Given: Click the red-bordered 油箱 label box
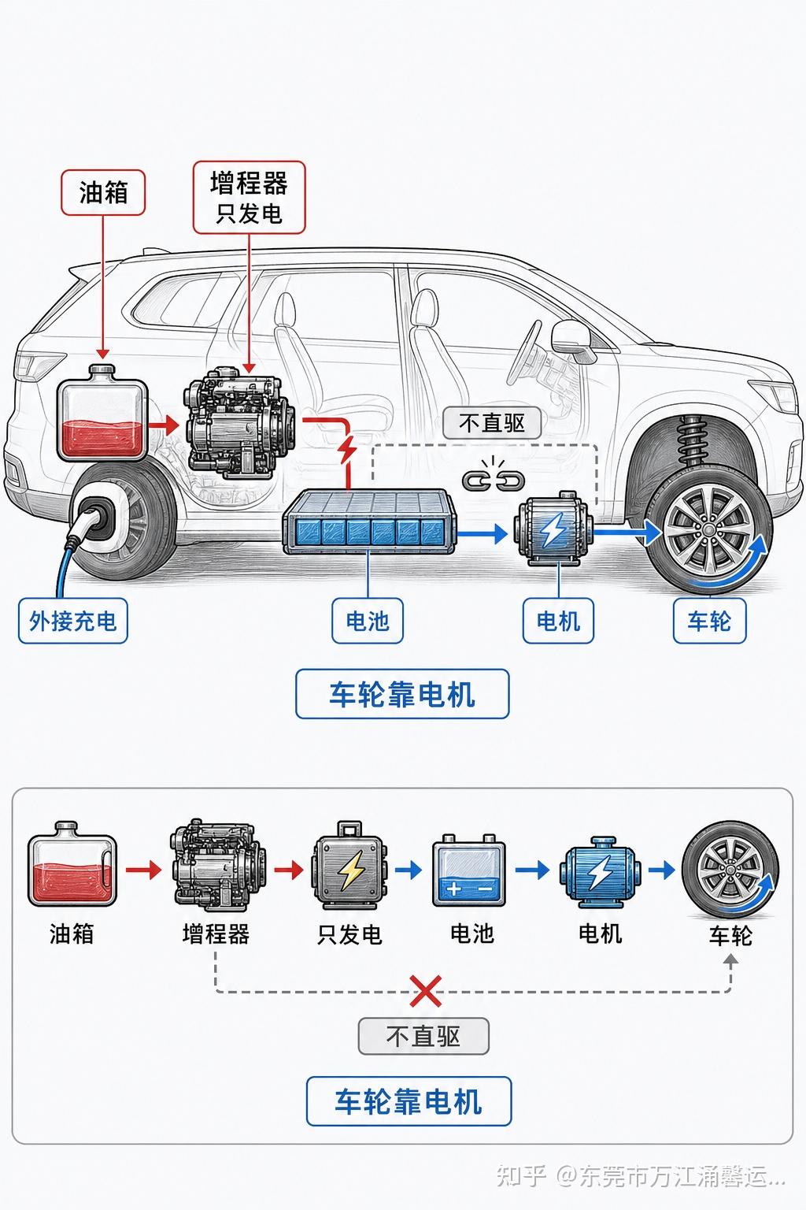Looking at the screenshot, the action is [103, 193].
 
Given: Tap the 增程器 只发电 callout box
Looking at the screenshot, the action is [250, 197].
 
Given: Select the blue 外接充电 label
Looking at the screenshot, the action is [73, 621].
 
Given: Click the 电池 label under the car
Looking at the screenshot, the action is [368, 621].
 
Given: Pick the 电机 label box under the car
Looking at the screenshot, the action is [558, 621].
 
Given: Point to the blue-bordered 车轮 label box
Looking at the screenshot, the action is [709, 621].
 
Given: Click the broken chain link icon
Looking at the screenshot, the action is [494, 474].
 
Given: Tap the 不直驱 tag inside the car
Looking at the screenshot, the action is [492, 423].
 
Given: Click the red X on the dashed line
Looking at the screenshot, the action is [425, 991].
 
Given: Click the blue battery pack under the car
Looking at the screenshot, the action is [370, 522].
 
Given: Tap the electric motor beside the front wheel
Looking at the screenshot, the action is [553, 529].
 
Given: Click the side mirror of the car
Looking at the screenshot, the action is [572, 337].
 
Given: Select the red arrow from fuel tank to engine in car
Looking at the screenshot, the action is [164, 425].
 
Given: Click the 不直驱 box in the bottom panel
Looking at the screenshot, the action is [423, 1036].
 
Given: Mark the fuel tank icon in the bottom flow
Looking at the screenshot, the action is [72, 863].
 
